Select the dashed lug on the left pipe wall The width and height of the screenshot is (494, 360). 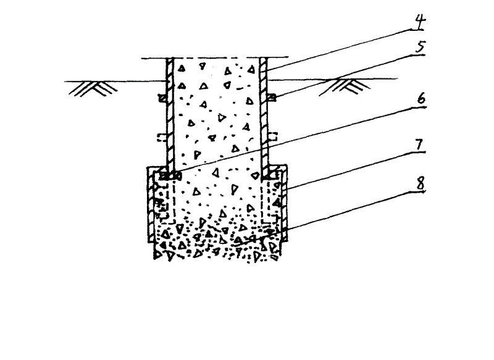coord(162,137)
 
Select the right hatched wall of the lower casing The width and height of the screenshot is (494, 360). coord(285,204)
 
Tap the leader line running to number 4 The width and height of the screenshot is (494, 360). coord(340,48)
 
